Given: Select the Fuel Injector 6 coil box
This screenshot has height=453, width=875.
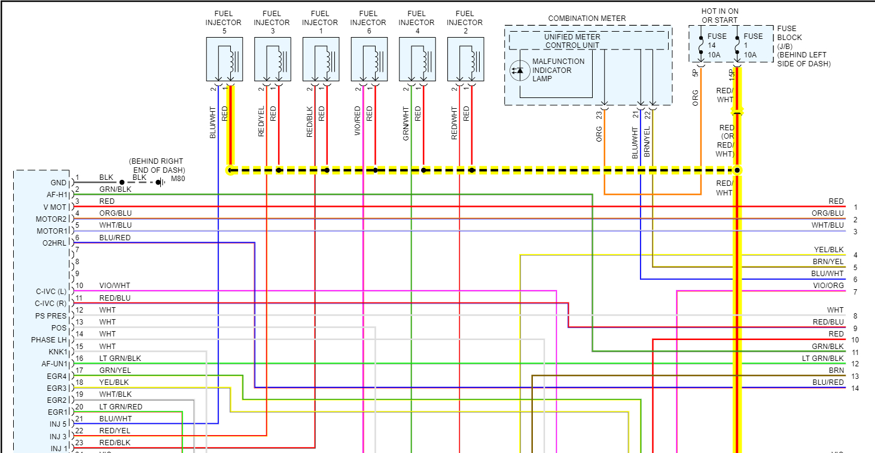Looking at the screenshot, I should pos(369,59).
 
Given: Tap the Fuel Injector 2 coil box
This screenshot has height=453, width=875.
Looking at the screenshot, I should pos(465,59).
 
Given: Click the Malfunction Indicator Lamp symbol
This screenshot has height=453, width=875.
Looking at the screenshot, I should pos(517,71).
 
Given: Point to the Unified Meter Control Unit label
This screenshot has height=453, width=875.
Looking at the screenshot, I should pos(572,41).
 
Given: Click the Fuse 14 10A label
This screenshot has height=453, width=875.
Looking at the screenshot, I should pos(717,45).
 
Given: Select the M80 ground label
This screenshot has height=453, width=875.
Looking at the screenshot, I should pos(177,178).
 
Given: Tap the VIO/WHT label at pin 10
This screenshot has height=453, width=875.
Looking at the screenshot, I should pos(114,286).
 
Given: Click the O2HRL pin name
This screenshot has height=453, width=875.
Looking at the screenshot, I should pos(54,243).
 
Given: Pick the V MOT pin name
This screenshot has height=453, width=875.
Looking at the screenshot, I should pos(54,207).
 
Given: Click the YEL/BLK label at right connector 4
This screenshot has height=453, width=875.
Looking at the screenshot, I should pos(828,250).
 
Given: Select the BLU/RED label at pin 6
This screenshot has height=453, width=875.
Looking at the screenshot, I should pos(115,238).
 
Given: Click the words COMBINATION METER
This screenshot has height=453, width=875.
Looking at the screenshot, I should pos(587,19).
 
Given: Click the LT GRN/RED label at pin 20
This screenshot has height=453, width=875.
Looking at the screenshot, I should pos(120,407).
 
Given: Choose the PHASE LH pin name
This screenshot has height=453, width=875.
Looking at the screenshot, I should pos(49,340).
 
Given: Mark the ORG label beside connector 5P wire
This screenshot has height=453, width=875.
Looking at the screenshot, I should pos(695,98).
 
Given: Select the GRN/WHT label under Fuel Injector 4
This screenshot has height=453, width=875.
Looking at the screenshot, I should pos(406,124).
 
